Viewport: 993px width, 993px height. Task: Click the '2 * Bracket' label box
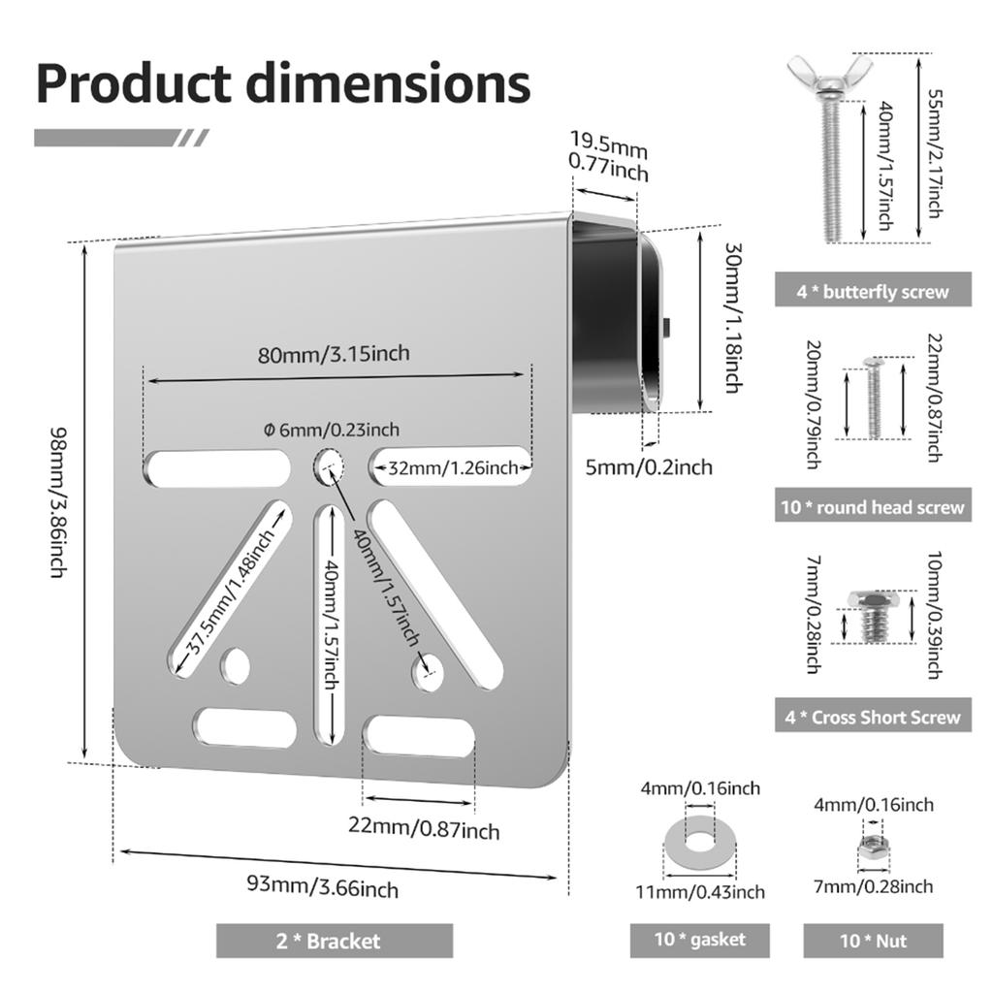[335, 941]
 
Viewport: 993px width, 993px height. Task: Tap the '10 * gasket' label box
[700, 940]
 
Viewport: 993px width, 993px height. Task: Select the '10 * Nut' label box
[874, 941]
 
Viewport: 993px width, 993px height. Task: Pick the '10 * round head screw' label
[873, 505]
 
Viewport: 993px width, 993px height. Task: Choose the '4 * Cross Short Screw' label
[873, 716]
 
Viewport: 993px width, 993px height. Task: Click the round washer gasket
[679, 844]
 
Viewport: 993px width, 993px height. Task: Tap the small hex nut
[874, 846]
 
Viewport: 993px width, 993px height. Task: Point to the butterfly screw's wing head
[829, 76]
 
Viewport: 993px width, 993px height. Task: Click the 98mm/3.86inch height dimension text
[57, 502]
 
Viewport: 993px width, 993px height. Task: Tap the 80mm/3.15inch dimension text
[334, 353]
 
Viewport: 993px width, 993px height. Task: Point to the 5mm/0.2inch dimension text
[649, 467]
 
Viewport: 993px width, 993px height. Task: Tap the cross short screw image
[874, 616]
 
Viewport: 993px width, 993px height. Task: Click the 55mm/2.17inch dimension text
[936, 154]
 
